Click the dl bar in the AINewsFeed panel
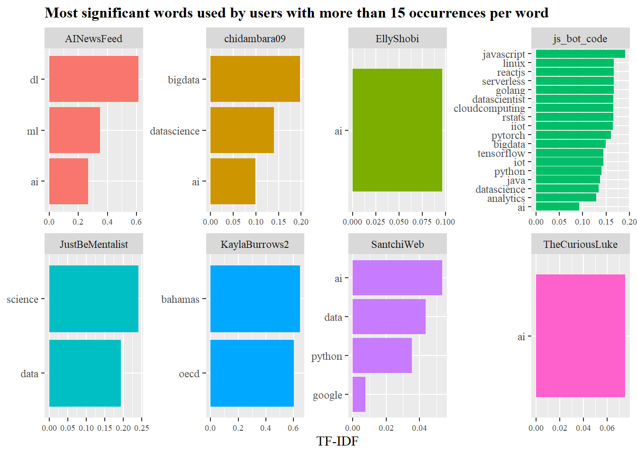pyautogui.click(x=93, y=79)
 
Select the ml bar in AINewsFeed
pyautogui.click(x=74, y=130)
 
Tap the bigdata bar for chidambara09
pyautogui.click(x=255, y=79)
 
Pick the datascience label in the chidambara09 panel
pyautogui.click(x=174, y=131)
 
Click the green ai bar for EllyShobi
pyautogui.click(x=397, y=130)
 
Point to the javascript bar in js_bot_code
pyautogui.click(x=580, y=54)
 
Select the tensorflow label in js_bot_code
pyautogui.click(x=501, y=154)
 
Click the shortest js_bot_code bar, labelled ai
pyautogui.click(x=557, y=207)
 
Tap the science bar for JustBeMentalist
pyautogui.click(x=93, y=299)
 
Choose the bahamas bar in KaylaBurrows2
pyautogui.click(x=255, y=299)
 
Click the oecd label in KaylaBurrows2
pyautogui.click(x=189, y=374)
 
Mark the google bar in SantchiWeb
pyautogui.click(x=359, y=394)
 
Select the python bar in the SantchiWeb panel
pyautogui.click(x=382, y=355)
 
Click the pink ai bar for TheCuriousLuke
pyautogui.click(x=580, y=336)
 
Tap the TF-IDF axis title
pyautogui.click(x=337, y=441)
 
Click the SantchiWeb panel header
pyautogui.click(x=397, y=245)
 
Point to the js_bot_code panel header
pyautogui.click(x=580, y=39)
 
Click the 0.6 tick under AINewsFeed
pyautogui.click(x=136, y=222)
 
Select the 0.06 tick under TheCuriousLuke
pyautogui.click(x=607, y=428)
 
